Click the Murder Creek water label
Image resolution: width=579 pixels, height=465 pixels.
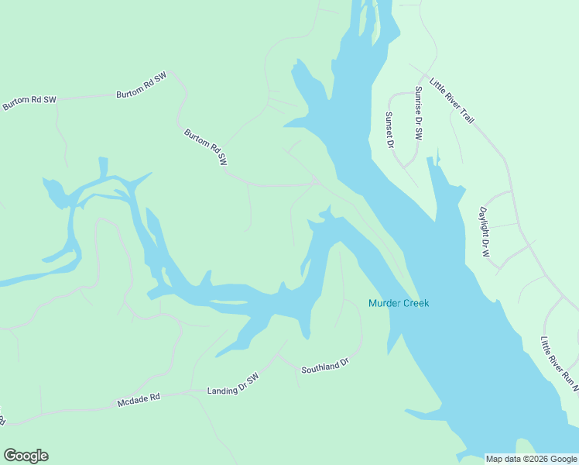tap(399, 303)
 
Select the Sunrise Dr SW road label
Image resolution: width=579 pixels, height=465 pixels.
tap(418, 112)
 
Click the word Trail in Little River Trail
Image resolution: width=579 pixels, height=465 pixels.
tap(464, 115)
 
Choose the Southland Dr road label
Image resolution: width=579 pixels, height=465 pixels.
tap(326, 365)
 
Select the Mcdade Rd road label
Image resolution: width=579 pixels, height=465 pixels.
tap(139, 400)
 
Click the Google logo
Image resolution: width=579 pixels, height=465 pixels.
tap(26, 456)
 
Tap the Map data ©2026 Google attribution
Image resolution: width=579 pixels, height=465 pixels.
tap(532, 459)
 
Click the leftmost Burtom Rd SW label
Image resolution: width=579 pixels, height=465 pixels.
tap(29, 103)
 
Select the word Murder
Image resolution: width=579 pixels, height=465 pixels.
tap(384, 303)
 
